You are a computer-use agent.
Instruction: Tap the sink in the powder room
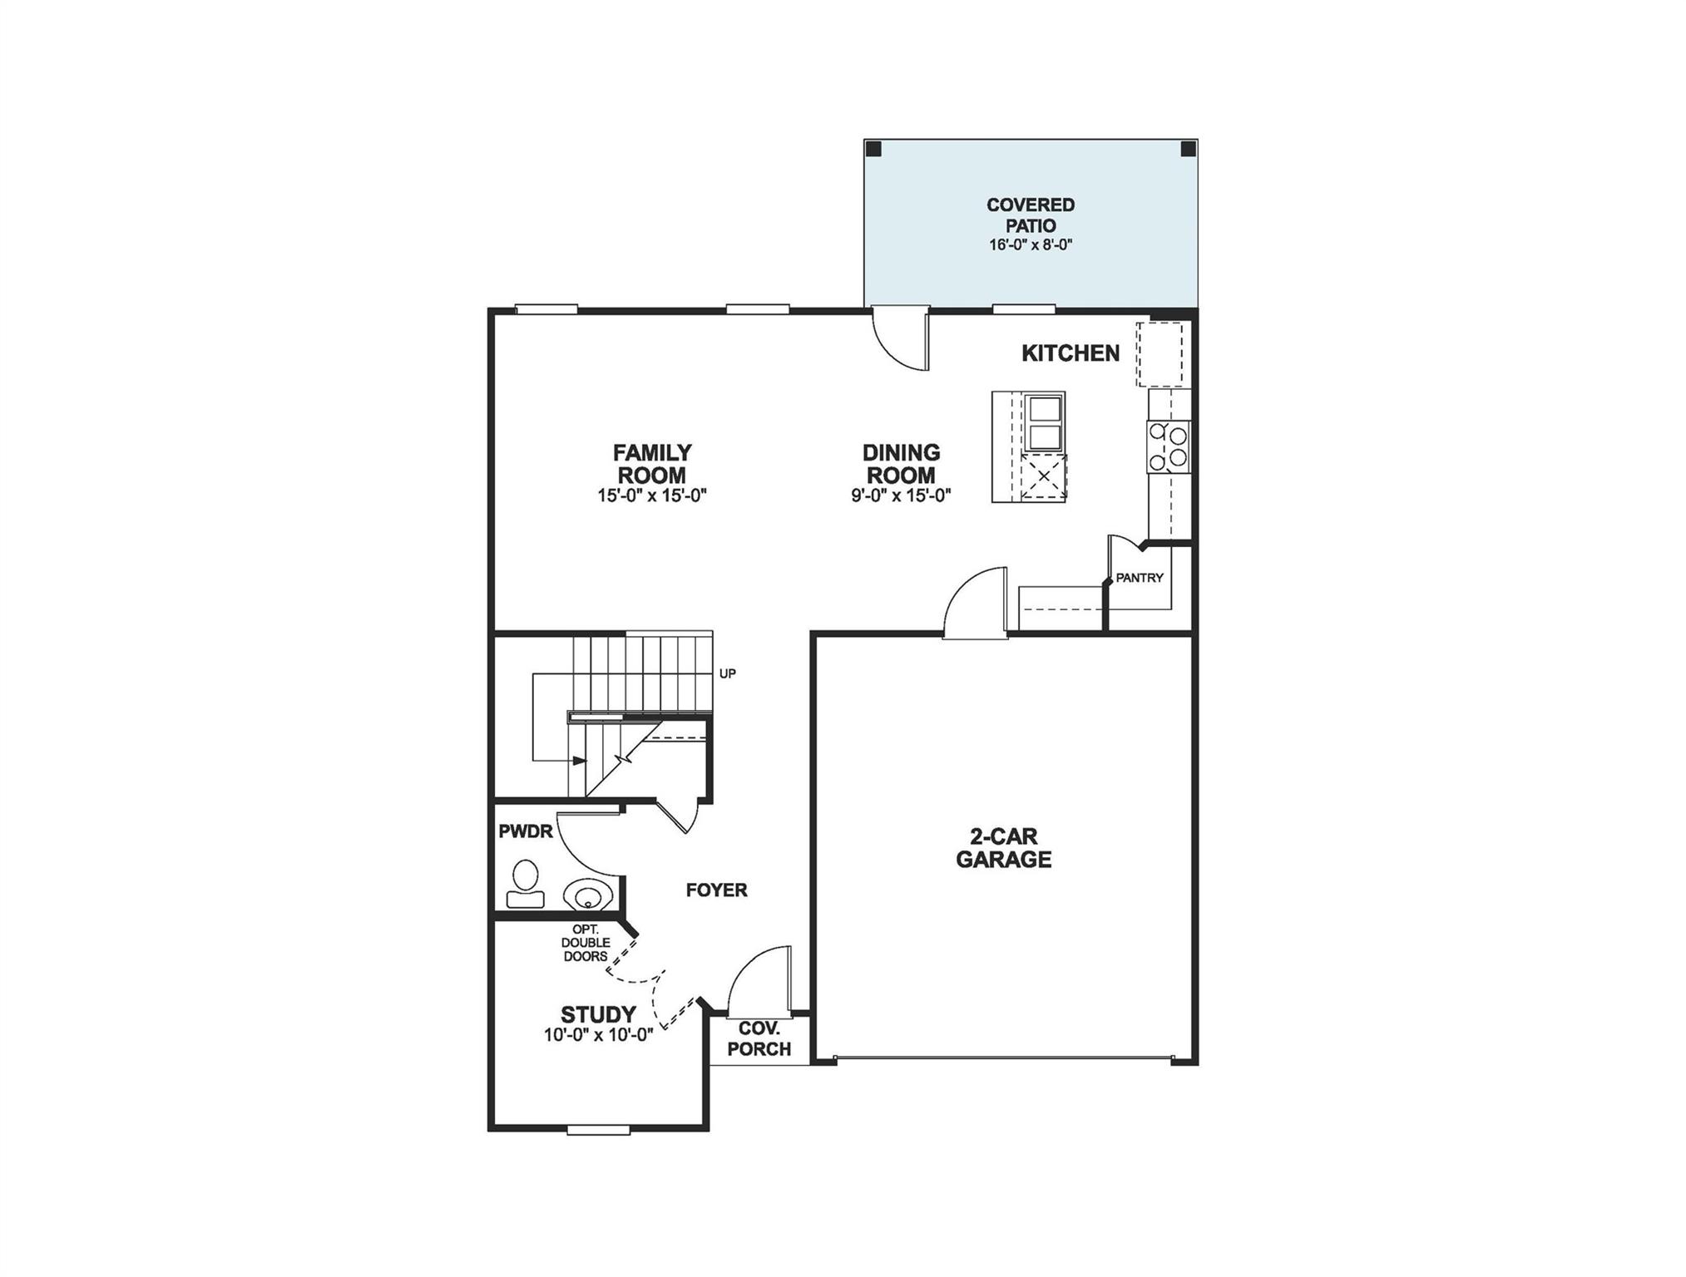(x=588, y=895)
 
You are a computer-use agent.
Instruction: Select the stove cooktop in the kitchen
(x=1168, y=446)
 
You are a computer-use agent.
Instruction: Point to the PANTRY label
(x=1139, y=578)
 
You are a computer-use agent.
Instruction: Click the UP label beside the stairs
(x=727, y=673)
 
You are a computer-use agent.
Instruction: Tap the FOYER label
(x=716, y=890)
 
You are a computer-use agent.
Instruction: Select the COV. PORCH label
(x=759, y=1039)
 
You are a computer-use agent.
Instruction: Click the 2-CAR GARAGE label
(x=1003, y=848)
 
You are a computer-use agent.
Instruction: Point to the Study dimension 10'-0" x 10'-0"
(x=598, y=1035)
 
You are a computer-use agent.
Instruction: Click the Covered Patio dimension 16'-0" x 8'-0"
(x=1031, y=245)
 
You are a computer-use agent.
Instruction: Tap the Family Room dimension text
(x=652, y=496)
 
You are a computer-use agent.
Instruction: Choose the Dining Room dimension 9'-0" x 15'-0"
(x=900, y=496)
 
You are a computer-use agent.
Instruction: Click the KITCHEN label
(x=1070, y=353)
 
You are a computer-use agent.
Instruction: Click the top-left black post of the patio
(x=873, y=149)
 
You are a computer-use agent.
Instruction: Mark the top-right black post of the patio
(x=1188, y=149)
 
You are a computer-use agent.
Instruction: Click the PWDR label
(x=525, y=831)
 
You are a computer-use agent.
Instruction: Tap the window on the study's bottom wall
(x=598, y=1129)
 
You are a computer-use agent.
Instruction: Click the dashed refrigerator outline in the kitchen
(x=1159, y=354)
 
